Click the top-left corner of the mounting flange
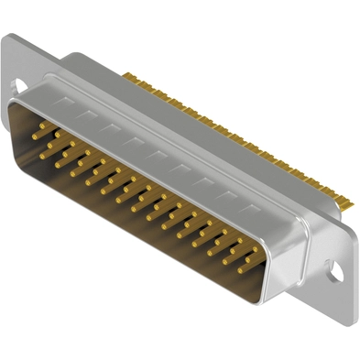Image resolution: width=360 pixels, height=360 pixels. point(9,35)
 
